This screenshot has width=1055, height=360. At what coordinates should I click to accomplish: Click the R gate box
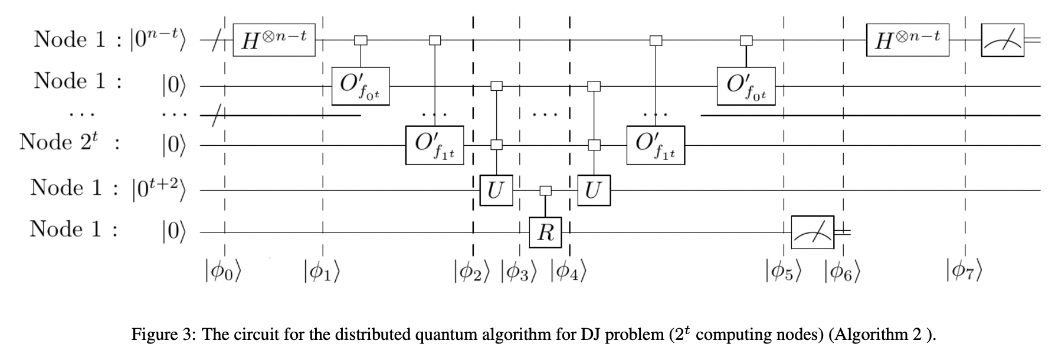point(545,233)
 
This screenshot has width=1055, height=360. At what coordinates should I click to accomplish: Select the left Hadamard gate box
point(274,40)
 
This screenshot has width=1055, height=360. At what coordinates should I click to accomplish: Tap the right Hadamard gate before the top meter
point(907,40)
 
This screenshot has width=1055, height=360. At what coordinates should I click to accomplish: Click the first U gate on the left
point(496,190)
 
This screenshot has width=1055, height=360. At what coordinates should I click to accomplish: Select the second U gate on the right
point(594,190)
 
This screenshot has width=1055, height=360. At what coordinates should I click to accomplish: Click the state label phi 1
point(322,272)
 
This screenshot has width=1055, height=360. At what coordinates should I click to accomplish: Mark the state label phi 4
point(569,272)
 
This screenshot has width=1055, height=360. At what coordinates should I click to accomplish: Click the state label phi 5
point(784,272)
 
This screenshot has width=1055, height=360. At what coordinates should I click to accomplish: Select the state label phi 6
point(843,272)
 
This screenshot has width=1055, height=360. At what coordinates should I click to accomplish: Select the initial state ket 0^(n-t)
point(158,39)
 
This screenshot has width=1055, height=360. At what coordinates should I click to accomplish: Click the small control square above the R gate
point(545,190)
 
